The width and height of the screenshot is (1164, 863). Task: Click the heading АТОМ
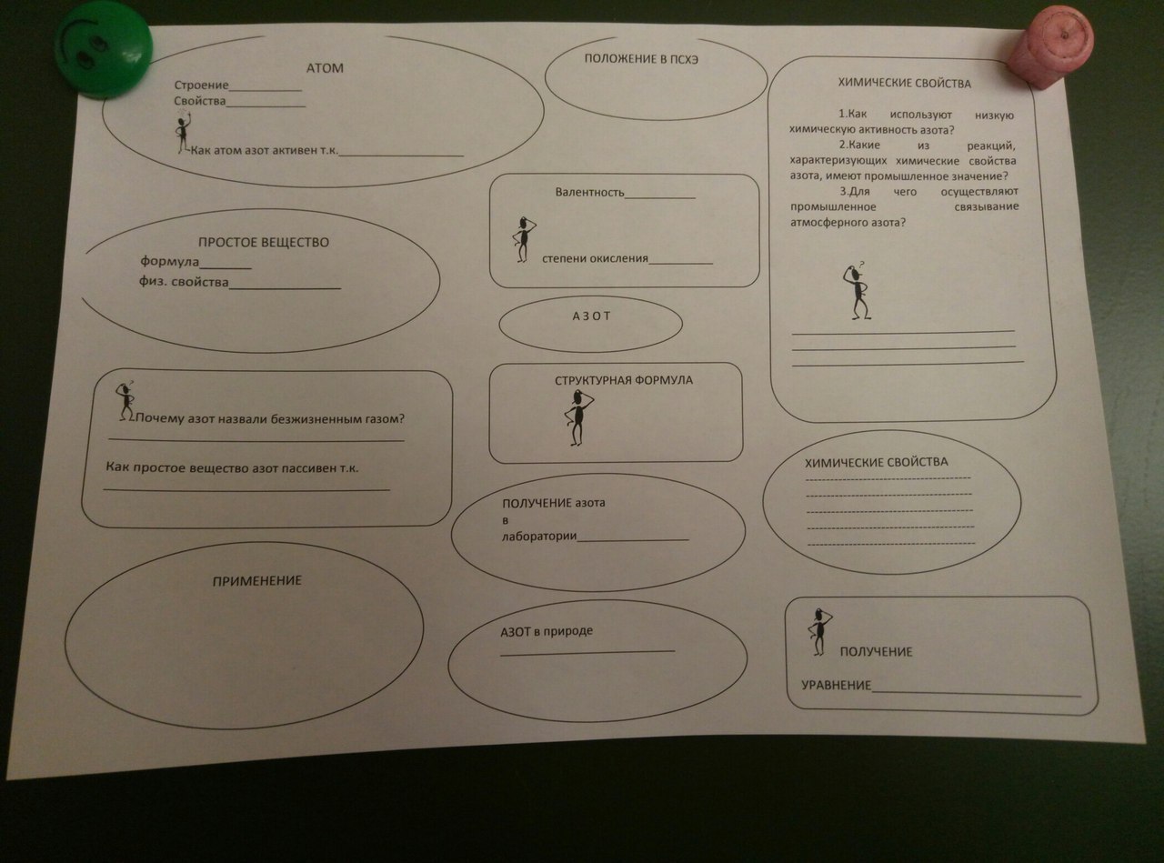[325, 68]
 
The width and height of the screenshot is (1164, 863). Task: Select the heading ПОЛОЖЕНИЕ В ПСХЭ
[641, 59]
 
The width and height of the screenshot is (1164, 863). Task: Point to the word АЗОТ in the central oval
[591, 316]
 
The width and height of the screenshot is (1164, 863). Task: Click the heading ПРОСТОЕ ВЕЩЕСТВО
[264, 243]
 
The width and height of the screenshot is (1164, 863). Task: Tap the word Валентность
[590, 192]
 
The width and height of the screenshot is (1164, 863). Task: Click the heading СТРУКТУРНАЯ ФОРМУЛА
[624, 380]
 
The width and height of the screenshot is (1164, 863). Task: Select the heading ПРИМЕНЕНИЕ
[257, 580]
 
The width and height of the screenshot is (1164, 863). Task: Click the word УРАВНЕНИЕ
[836, 685]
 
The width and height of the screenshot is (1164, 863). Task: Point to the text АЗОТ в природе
[547, 631]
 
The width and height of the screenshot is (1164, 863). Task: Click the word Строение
[202, 85]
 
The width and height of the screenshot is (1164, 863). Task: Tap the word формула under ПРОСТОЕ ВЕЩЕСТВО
[169, 261]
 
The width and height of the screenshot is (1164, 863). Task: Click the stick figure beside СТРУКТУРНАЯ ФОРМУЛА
[578, 417]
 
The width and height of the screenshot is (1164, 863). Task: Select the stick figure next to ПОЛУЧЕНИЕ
[819, 632]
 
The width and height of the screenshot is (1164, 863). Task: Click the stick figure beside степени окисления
[523, 239]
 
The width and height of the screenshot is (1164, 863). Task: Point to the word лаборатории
[539, 537]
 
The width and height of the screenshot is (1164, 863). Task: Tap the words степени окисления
[595, 258]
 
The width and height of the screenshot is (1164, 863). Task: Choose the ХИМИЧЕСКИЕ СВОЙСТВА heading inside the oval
[877, 462]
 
